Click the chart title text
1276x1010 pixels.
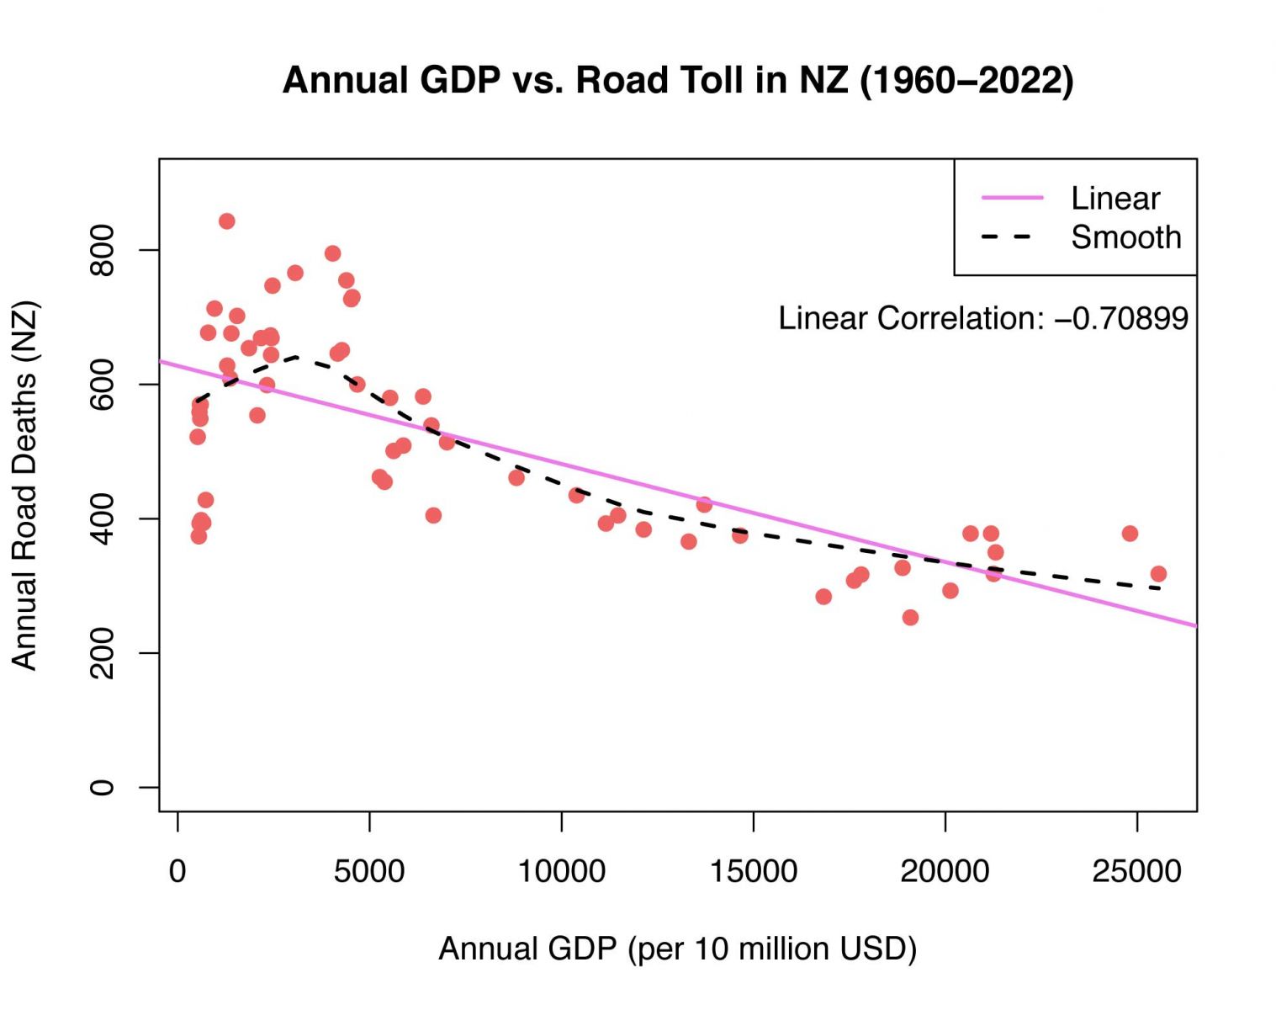pyautogui.click(x=678, y=81)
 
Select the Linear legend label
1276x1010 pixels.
pyautogui.click(x=1115, y=199)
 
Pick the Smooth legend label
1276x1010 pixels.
pyautogui.click(x=1125, y=237)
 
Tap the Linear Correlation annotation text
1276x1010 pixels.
pyautogui.click(x=982, y=318)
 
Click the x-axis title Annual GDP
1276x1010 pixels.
pyautogui.click(x=677, y=949)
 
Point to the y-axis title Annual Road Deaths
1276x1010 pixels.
pyautogui.click(x=25, y=485)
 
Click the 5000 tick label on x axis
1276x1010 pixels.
pyautogui.click(x=369, y=871)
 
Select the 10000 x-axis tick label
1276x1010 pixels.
pyautogui.click(x=561, y=871)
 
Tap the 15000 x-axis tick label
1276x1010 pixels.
pyautogui.click(x=753, y=871)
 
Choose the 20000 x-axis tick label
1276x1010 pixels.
pyautogui.click(x=945, y=871)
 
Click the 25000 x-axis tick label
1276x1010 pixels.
pyautogui.click(x=1136, y=871)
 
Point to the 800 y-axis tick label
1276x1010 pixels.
pyautogui.click(x=102, y=250)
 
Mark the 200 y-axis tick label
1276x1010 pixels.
pyautogui.click(x=102, y=653)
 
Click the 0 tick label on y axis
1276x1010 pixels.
pyautogui.click(x=102, y=788)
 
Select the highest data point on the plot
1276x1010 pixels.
pyautogui.click(x=226, y=221)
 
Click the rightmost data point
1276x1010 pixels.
pyautogui.click(x=1158, y=574)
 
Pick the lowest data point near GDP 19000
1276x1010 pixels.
pyautogui.click(x=910, y=618)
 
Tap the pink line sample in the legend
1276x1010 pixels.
pyautogui.click(x=1012, y=198)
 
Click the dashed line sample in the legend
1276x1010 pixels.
pyautogui.click(x=1007, y=237)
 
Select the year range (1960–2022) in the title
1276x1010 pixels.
pyautogui.click(x=966, y=81)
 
